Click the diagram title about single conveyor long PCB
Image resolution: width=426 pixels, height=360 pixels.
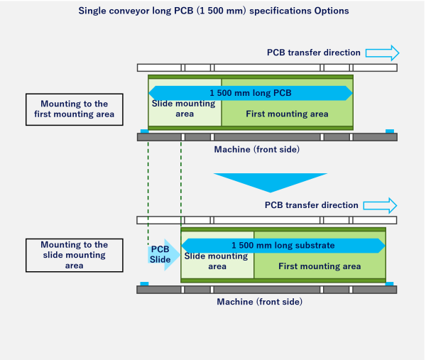(x=213, y=11)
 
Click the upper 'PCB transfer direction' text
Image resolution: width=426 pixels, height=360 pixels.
(x=313, y=53)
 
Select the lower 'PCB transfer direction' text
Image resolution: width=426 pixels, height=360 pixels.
(x=311, y=205)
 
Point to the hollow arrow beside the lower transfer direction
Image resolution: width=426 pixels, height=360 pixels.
(x=380, y=205)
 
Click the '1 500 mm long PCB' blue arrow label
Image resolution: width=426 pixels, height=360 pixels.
(x=250, y=93)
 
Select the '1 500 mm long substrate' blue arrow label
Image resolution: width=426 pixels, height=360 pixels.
(x=283, y=245)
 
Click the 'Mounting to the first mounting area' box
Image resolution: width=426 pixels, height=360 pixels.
(x=70, y=109)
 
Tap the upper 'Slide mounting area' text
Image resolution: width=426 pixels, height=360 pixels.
(x=185, y=109)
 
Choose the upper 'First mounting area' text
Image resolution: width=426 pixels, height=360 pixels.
(x=287, y=114)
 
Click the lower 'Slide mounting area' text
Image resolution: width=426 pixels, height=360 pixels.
(x=217, y=261)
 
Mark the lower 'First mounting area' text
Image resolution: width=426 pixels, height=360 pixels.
(x=319, y=266)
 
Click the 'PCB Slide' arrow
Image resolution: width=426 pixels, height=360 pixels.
(x=161, y=254)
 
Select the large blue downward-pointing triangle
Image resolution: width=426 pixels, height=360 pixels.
(x=270, y=182)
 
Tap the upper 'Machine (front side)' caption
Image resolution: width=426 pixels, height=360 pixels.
(x=256, y=149)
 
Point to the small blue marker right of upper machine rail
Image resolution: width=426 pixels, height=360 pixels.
(x=389, y=131)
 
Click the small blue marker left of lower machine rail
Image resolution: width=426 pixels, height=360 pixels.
(x=144, y=284)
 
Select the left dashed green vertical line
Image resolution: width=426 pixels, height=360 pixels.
(x=148, y=192)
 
